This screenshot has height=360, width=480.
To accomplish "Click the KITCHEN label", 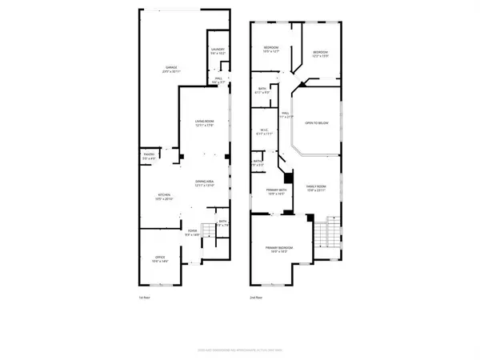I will [x=161, y=198].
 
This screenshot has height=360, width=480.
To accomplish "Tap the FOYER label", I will [x=193, y=234].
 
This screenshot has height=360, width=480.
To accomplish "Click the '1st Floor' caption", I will [x=144, y=298].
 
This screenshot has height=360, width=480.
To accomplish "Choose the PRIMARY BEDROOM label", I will [x=279, y=249].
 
